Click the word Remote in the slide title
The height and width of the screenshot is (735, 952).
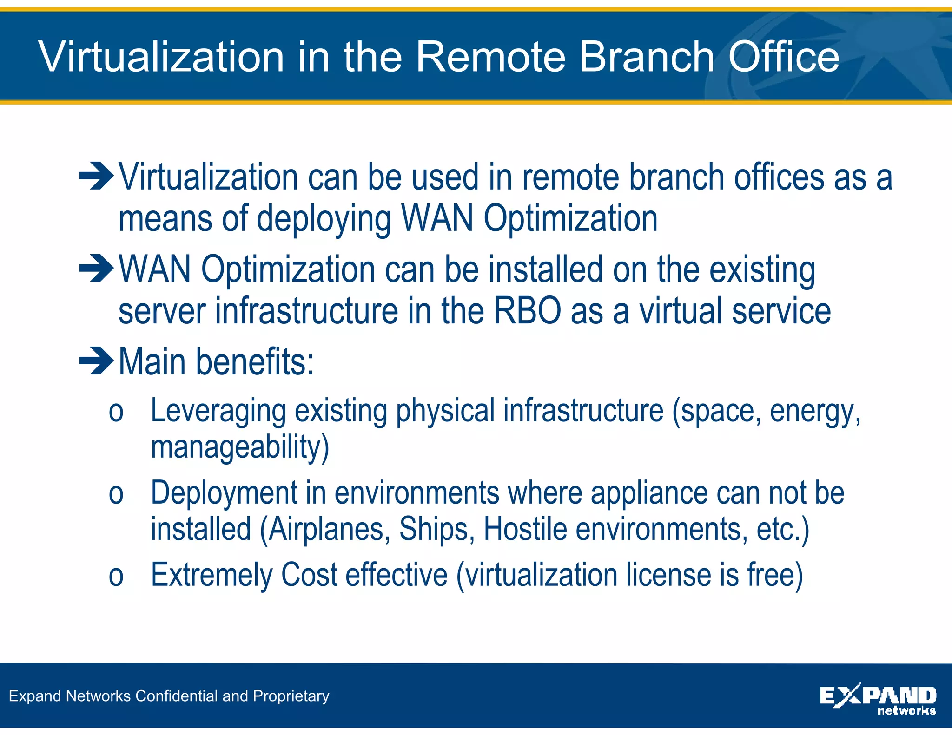coord(490,57)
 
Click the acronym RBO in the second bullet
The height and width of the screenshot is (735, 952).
coord(527,311)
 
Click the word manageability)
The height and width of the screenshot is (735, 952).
coord(240,447)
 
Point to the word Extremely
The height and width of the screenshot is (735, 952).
coord(212,575)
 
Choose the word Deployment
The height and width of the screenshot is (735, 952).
coord(224,493)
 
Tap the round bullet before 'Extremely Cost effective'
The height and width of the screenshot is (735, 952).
coord(116,577)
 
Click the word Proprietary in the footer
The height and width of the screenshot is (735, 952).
coord(291,696)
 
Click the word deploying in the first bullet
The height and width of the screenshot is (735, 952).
coord(324,219)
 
